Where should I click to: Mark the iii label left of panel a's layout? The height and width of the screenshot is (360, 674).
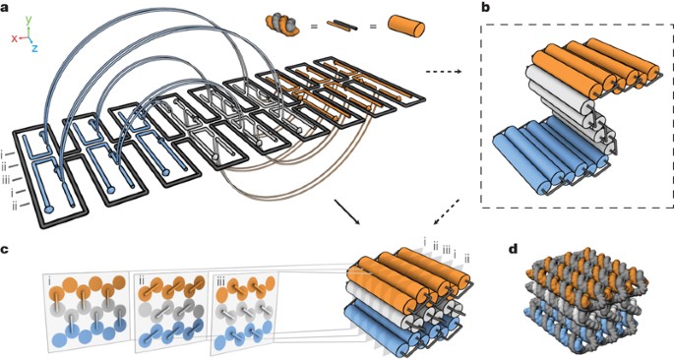pos(7,180)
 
